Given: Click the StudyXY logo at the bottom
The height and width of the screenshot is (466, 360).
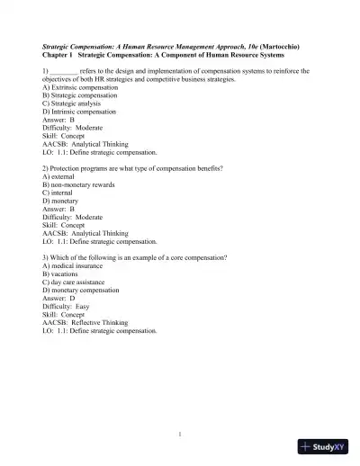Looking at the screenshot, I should click(324, 445).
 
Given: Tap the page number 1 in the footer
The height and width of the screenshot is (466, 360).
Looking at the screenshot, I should click(180, 435).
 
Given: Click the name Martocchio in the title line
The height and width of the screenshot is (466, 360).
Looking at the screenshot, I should click(273, 44).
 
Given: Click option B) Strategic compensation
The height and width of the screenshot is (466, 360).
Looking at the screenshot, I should click(79, 94).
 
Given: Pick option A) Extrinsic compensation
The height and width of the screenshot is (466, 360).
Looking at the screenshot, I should click(78, 87).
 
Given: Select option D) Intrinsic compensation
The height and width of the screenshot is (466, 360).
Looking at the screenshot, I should click(78, 111).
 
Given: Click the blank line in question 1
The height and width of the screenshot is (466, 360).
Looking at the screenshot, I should click(64, 70).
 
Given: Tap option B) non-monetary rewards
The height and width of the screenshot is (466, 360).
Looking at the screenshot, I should click(78, 184).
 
